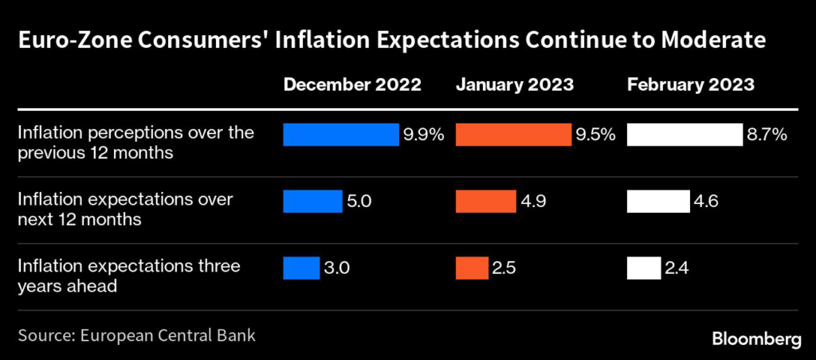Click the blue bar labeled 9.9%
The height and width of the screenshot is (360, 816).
pos(341,135)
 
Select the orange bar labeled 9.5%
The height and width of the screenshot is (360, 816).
pos(513,135)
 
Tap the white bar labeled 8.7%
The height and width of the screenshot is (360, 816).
pos(685,135)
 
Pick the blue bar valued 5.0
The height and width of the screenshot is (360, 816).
pos(312,202)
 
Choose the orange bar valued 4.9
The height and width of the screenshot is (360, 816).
pos(485,202)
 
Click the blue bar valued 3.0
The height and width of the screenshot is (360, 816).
pos(301,268)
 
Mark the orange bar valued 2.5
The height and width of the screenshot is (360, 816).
pos(472,268)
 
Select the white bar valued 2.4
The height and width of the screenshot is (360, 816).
pos(644,268)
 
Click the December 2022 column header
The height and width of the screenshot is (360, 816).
pos(352,85)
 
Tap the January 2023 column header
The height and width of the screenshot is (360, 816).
pos(515,85)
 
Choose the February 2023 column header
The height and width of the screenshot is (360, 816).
pos(691,85)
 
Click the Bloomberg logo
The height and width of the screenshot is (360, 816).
pos(757,340)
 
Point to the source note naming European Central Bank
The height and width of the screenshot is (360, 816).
pos(137,335)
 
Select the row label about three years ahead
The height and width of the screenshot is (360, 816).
pos(129,276)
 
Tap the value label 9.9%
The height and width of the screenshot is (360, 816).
pos(424,135)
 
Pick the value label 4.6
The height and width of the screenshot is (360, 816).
pos(706,202)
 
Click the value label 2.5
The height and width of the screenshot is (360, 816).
pos(504,269)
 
